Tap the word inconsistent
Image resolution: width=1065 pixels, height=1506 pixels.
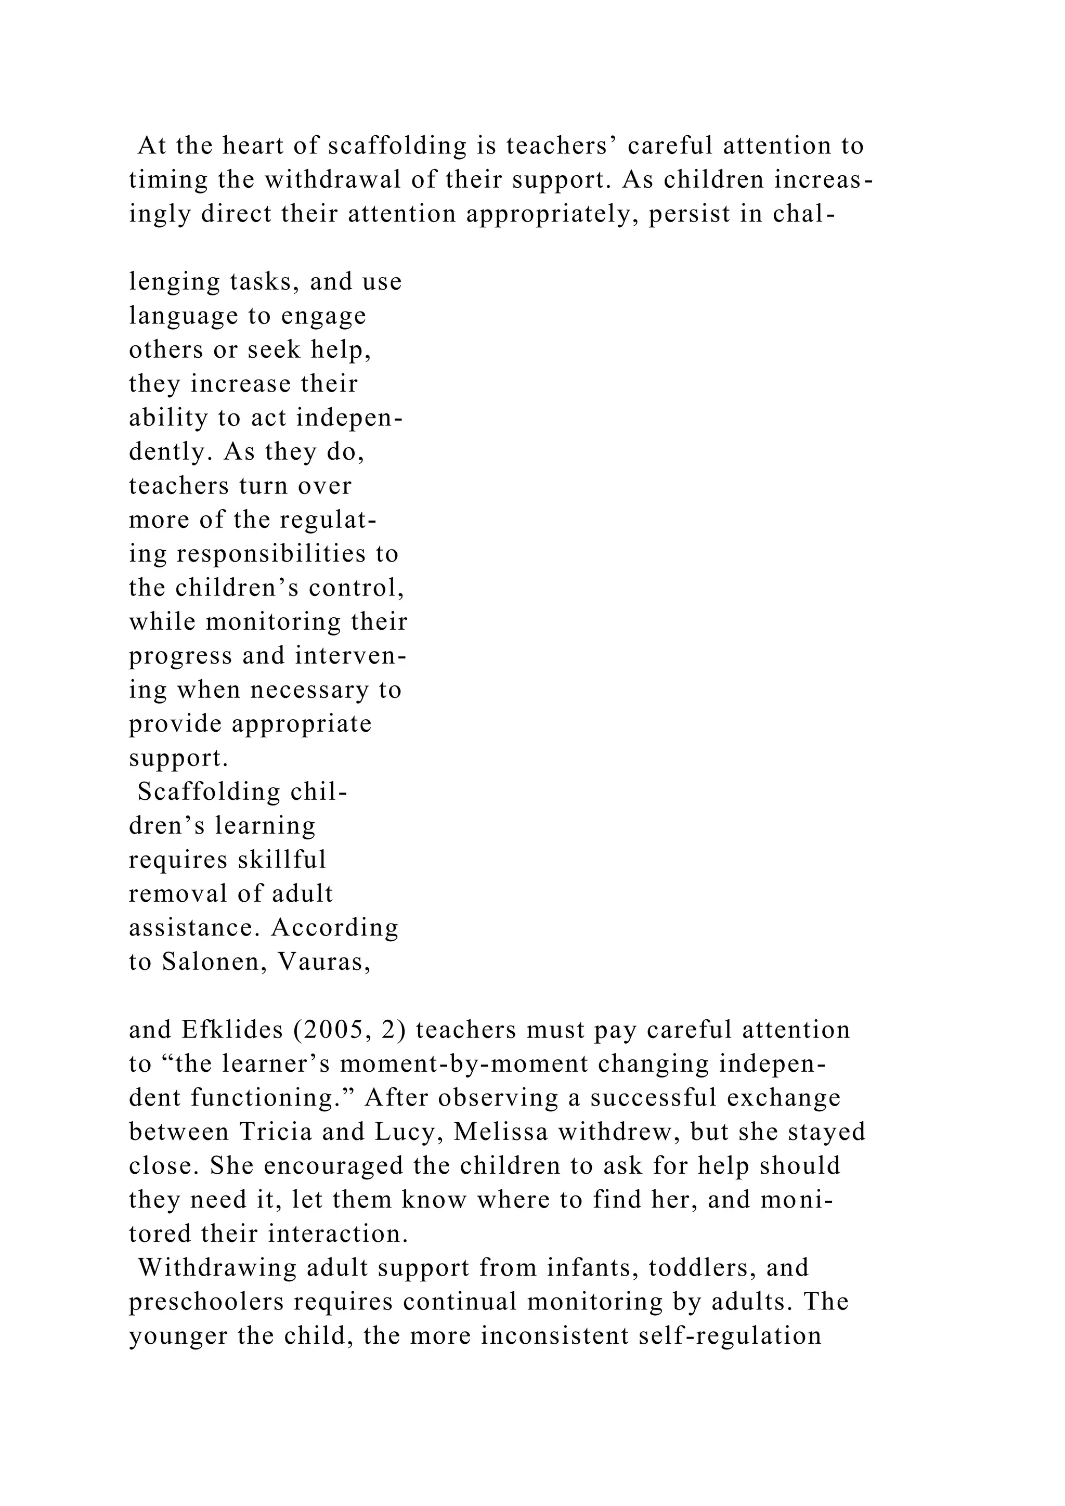(555, 1336)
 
